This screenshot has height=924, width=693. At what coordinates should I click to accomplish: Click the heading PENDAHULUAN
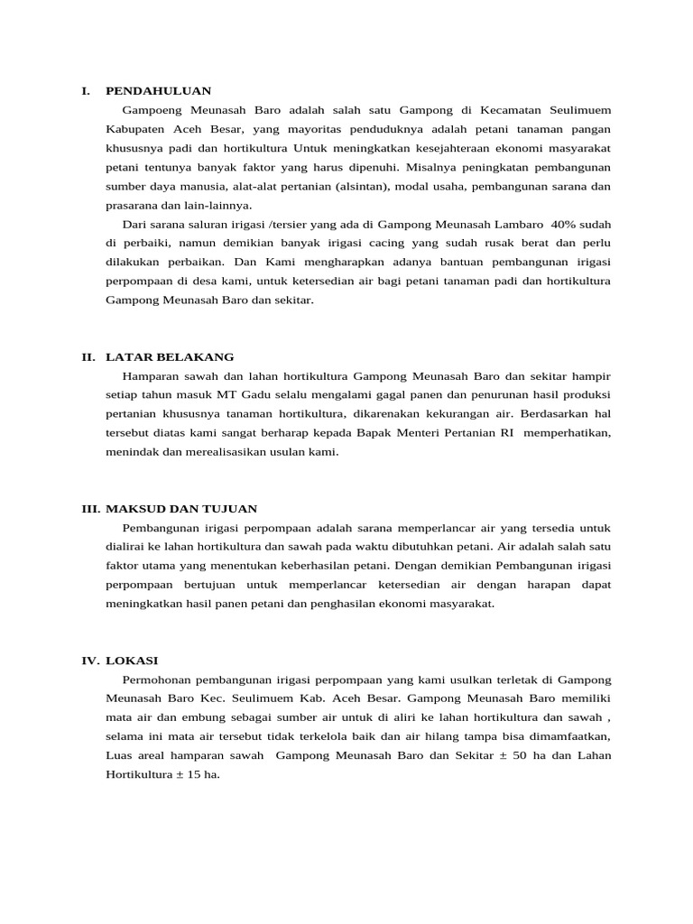(x=158, y=91)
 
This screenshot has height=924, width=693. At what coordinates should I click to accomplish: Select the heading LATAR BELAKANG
(x=170, y=357)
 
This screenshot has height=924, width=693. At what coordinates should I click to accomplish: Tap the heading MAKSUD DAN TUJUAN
(x=181, y=509)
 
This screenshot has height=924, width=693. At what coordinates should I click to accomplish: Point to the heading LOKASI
(x=132, y=661)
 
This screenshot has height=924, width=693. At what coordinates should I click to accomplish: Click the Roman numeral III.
(x=90, y=509)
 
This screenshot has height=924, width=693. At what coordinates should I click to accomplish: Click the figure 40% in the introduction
(x=575, y=224)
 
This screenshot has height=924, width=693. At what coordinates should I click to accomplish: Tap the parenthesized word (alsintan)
(x=397, y=187)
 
